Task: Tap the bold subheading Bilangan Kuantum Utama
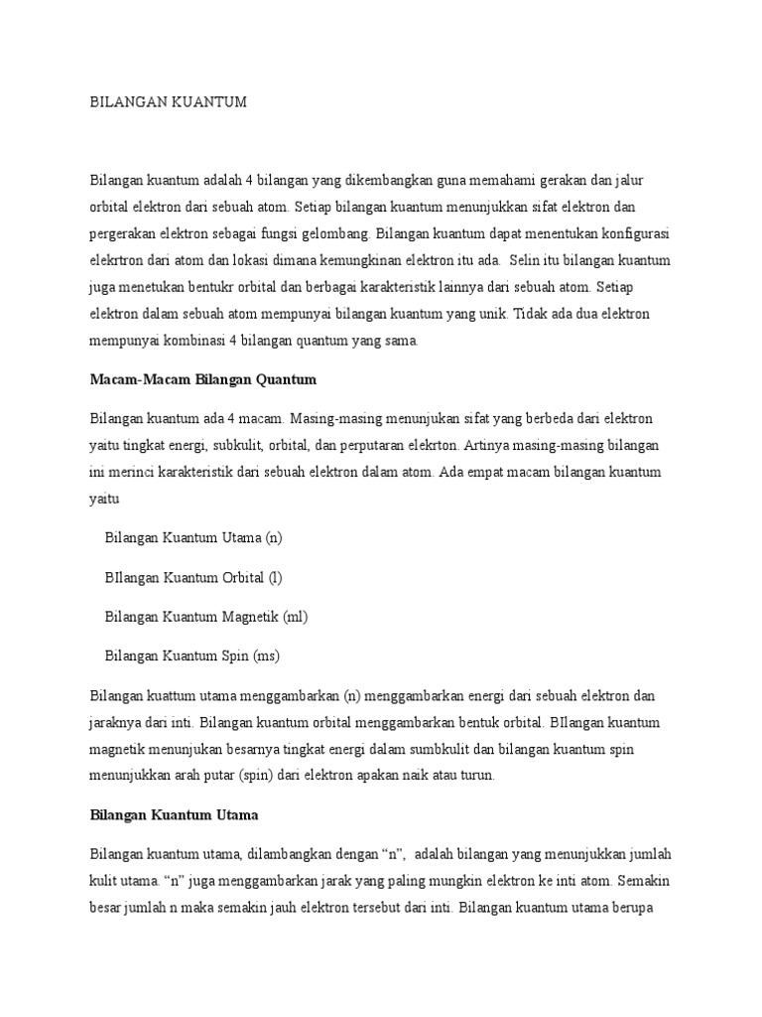[x=175, y=815]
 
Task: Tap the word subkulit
[x=265, y=444]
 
